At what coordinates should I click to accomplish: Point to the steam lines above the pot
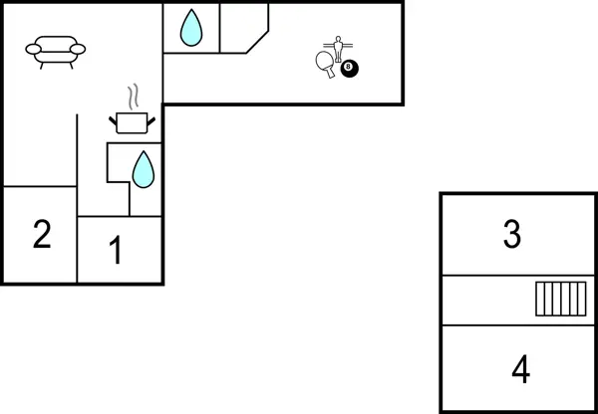[134, 98]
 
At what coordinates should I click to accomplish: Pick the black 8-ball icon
[349, 68]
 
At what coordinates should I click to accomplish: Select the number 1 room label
[116, 251]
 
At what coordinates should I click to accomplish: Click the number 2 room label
[41, 235]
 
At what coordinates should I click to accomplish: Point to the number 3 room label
[511, 235]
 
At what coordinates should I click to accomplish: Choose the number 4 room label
[519, 370]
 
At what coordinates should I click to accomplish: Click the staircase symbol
[560, 298]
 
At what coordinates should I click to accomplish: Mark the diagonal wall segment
[257, 40]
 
